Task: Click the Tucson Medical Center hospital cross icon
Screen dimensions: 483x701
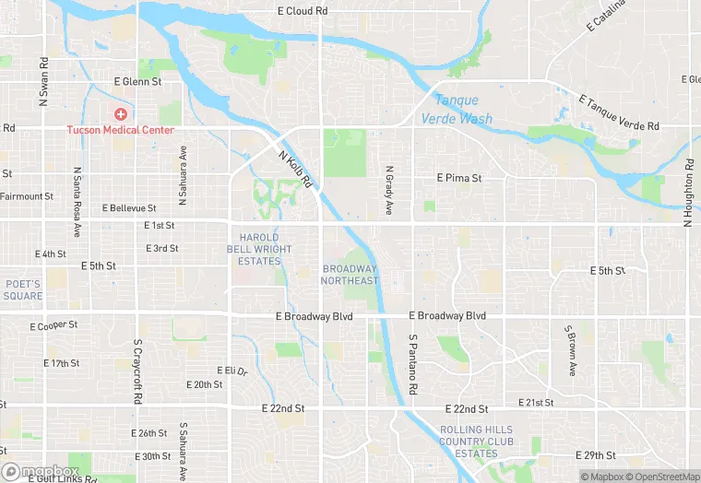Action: (120, 113)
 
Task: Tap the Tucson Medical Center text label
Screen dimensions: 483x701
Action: (120, 130)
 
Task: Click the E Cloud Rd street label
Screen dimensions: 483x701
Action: (303, 11)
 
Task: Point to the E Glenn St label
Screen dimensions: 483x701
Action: (137, 82)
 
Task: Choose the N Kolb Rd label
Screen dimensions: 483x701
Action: (297, 166)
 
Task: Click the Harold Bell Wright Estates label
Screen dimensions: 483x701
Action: (259, 249)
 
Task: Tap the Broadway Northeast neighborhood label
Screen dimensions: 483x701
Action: (350, 275)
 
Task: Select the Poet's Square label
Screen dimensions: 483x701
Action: (23, 289)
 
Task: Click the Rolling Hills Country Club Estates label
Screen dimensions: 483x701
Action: (481, 442)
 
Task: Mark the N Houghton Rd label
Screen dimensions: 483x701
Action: (687, 193)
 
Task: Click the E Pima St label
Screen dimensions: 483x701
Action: (458, 177)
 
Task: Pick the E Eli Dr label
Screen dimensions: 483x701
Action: (232, 371)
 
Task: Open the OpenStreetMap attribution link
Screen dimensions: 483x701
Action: (668, 477)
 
